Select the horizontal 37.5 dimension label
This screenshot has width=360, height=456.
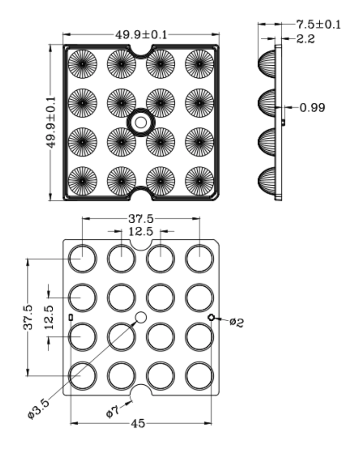[140, 218]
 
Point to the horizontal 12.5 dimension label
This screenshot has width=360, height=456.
[141, 231]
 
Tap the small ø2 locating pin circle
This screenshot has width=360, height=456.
[211, 318]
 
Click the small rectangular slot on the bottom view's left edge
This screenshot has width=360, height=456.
[71, 317]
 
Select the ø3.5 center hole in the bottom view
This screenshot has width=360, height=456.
[141, 318]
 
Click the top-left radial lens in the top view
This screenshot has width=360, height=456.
[82, 64]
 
